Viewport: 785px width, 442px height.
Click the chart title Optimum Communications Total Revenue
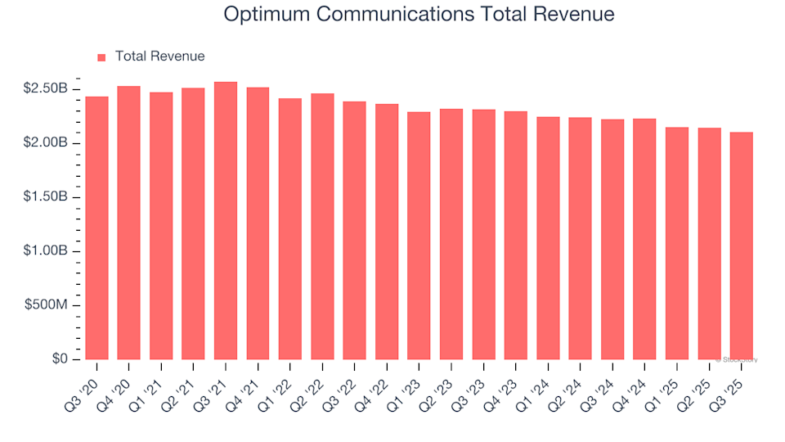(x=419, y=15)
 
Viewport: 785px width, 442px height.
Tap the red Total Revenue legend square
(x=102, y=57)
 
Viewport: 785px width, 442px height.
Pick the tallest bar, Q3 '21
(x=226, y=221)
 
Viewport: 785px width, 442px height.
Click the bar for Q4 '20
(x=128, y=223)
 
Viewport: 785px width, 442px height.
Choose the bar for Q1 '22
(x=290, y=229)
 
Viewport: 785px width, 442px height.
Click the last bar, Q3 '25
(x=741, y=246)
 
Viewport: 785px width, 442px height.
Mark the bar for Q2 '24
(x=580, y=238)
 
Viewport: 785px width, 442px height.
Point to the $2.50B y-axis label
(x=47, y=88)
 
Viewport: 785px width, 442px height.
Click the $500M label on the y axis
(x=45, y=305)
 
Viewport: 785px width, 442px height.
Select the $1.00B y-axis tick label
(x=47, y=251)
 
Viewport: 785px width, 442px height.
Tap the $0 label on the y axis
(x=59, y=359)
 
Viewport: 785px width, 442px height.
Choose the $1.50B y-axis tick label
(x=47, y=197)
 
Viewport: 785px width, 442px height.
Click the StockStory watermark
(x=738, y=359)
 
